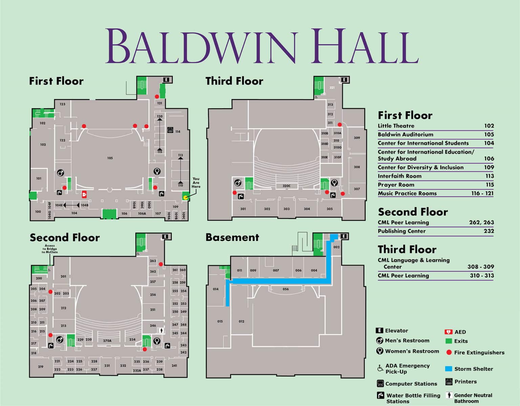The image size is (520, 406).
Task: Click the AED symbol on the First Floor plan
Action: tap(84, 194)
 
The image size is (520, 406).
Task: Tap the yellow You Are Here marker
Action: tap(185, 197)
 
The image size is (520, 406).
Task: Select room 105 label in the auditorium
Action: tap(110, 158)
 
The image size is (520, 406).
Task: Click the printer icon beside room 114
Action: tap(170, 130)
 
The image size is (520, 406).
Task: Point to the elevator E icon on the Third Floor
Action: tap(344, 80)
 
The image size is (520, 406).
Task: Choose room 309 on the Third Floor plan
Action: tap(357, 138)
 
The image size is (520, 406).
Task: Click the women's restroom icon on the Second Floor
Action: tap(157, 341)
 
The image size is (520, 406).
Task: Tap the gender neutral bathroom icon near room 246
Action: tap(162, 330)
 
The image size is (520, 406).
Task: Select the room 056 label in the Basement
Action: tap(286, 289)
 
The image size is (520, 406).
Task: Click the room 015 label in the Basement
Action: tap(220, 321)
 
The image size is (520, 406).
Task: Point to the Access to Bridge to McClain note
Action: tap(50, 249)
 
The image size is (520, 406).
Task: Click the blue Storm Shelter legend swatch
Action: tap(449, 369)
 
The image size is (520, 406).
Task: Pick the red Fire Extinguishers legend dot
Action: tap(449, 353)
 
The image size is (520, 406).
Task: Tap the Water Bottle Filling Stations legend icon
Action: tap(380, 395)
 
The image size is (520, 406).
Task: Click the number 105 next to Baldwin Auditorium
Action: tap(489, 134)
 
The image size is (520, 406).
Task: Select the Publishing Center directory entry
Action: tap(402, 231)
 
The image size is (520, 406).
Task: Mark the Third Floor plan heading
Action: tap(234, 81)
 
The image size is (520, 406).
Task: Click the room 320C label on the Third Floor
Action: tap(286, 186)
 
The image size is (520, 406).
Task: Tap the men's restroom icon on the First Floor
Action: tap(60, 173)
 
